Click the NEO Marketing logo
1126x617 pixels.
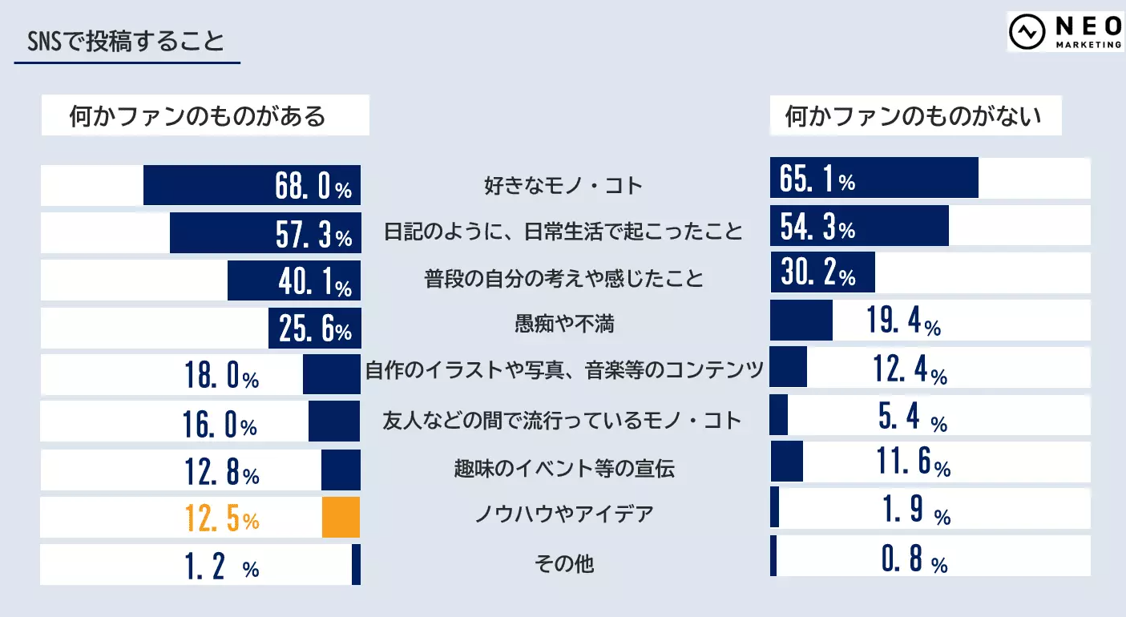coord(1065,32)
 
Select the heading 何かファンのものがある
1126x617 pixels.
coord(198,116)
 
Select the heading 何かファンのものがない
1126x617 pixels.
coord(914,116)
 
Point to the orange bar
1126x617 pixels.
coord(341,518)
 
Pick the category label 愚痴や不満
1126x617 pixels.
coord(563,324)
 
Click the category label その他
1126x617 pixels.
coord(563,563)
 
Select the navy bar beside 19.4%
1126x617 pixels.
coord(801,321)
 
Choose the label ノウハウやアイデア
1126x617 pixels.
coord(563,513)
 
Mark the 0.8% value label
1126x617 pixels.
coord(914,560)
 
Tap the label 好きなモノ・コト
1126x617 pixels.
coord(563,186)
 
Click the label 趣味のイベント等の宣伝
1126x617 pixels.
coord(563,468)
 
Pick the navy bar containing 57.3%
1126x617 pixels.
coord(264,233)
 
